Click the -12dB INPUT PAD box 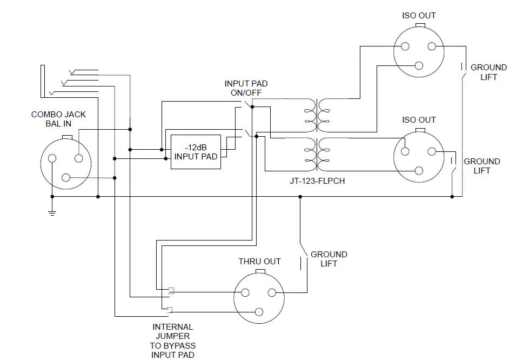tap(196, 152)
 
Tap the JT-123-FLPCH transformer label tap(317, 181)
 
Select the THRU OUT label tap(259, 262)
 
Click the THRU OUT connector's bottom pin tap(259, 311)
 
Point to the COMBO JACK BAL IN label tap(58, 119)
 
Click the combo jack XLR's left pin tap(52, 158)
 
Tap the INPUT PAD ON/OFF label tap(246, 88)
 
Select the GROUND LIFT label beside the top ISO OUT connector tap(488, 72)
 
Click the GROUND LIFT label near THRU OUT tap(329, 259)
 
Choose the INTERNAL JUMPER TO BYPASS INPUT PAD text tap(172, 341)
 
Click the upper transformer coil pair tap(317, 115)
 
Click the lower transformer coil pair tap(317, 153)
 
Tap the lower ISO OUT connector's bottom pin tap(419, 170)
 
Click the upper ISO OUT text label tap(419, 16)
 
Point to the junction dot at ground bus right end tap(452, 197)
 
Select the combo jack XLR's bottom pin tap(66, 177)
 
